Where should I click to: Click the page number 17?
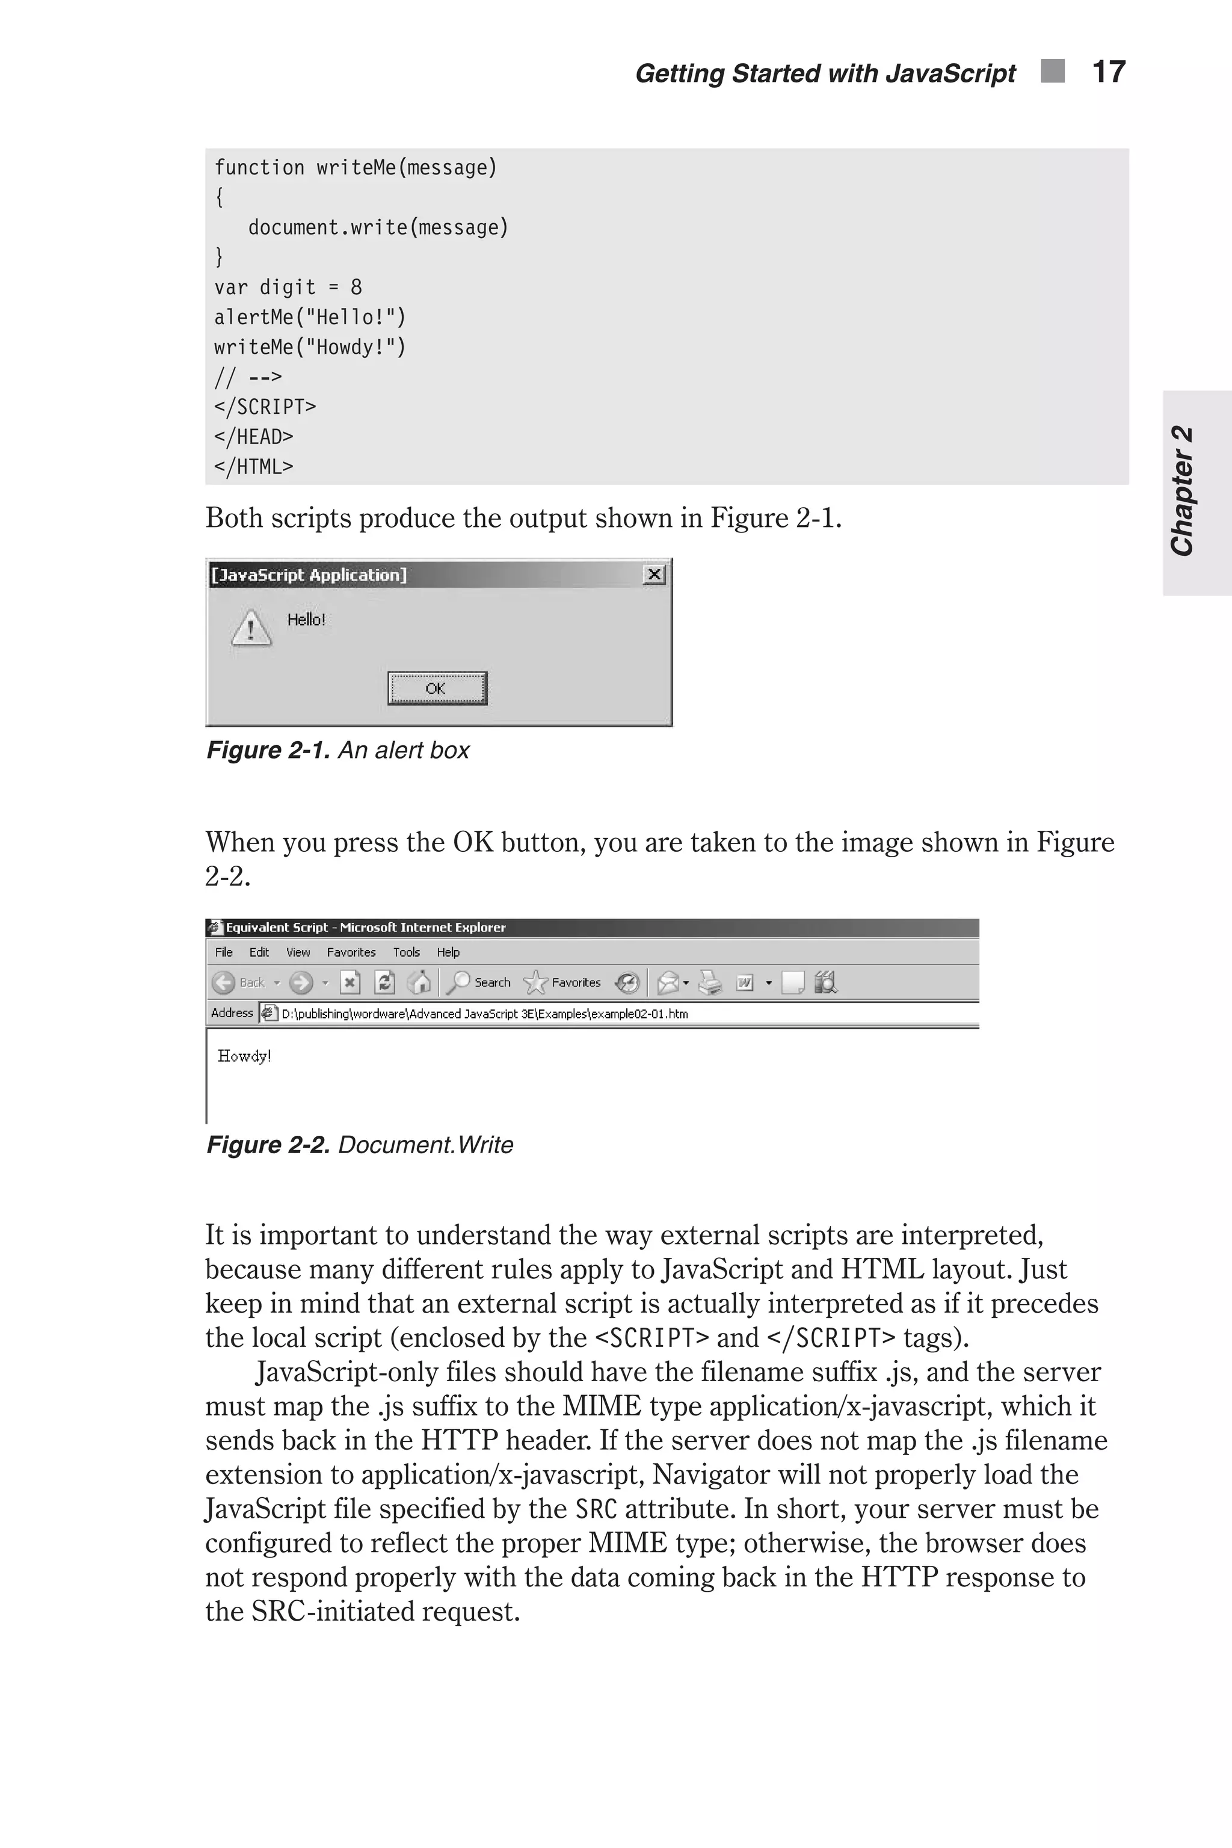click(1109, 72)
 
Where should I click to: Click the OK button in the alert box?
click(437, 688)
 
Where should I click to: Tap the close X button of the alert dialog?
click(654, 574)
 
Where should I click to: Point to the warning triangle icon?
click(251, 629)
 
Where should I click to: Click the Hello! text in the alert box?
click(306, 620)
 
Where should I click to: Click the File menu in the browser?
click(224, 952)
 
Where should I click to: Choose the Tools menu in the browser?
click(406, 952)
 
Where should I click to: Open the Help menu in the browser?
click(448, 952)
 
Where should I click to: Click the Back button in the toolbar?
click(239, 982)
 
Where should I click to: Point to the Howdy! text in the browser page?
click(244, 1056)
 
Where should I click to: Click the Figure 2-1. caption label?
click(268, 750)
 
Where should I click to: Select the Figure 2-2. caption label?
click(268, 1145)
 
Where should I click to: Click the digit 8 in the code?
click(356, 288)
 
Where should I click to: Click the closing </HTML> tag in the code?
click(253, 467)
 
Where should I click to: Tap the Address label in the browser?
click(232, 1013)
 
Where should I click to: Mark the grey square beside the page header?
click(1053, 72)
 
